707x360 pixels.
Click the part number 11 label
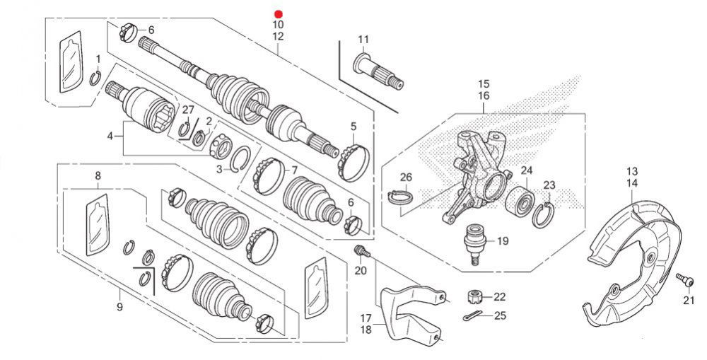(x=363, y=39)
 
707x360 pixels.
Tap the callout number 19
(x=503, y=241)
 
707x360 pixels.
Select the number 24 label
(x=527, y=170)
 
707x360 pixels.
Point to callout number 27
(x=188, y=109)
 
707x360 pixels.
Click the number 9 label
(x=119, y=307)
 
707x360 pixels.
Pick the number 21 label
(x=689, y=301)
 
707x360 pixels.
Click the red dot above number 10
(x=278, y=14)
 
